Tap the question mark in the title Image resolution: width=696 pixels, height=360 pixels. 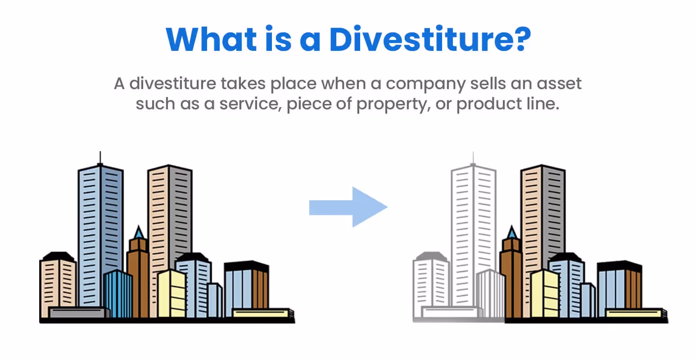click(x=520, y=39)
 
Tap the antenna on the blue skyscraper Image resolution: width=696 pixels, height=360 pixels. click(x=100, y=158)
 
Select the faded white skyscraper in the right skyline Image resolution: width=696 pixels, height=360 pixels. click(x=473, y=225)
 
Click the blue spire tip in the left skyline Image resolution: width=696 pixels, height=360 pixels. click(x=139, y=232)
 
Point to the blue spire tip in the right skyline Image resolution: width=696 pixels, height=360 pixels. click(x=512, y=232)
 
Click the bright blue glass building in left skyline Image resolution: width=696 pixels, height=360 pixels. click(x=118, y=292)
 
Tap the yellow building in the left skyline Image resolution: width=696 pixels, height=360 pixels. click(x=172, y=292)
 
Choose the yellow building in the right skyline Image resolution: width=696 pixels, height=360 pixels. click(x=545, y=292)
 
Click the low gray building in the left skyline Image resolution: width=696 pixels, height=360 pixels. click(x=79, y=312)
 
